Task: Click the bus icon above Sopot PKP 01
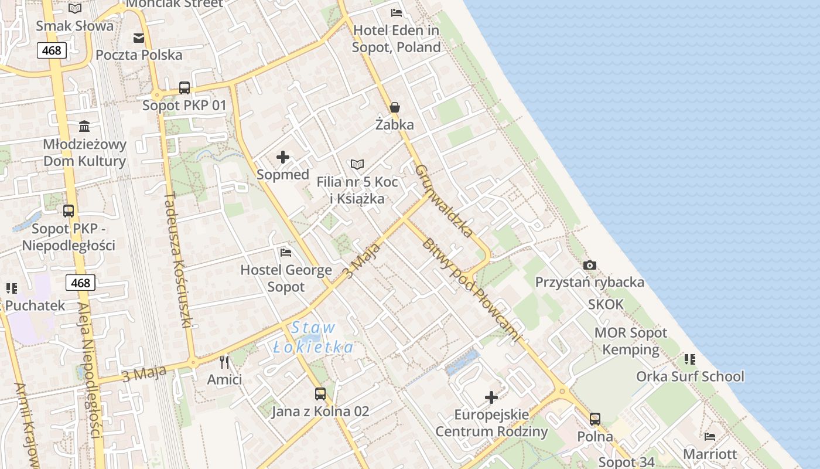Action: (184, 88)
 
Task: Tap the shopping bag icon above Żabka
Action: (395, 107)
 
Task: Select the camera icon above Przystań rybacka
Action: (590, 265)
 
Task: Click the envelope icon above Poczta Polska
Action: (139, 38)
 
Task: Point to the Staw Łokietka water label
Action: (314, 338)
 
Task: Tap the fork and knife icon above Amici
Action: (224, 362)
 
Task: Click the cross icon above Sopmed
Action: (283, 157)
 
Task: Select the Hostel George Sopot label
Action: (286, 278)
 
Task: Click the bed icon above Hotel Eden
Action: (397, 13)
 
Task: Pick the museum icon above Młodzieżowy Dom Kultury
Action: (84, 126)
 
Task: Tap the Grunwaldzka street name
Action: (444, 200)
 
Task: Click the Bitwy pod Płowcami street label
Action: (470, 290)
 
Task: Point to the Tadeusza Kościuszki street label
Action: (179, 269)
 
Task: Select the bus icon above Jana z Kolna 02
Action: (320, 394)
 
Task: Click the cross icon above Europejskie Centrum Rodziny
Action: (491, 398)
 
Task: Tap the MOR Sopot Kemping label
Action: (631, 341)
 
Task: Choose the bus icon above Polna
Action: (595, 419)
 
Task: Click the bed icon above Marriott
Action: (710, 436)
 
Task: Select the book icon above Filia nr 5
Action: (357, 165)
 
